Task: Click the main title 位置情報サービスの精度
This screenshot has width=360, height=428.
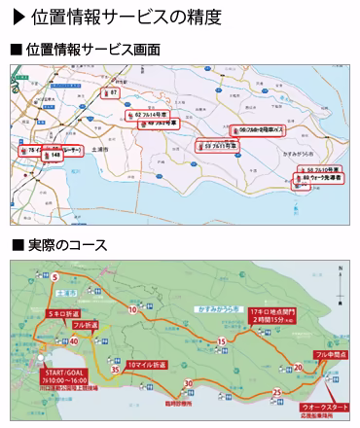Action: pos(126,17)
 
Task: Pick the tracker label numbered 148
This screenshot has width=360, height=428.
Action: pos(52,154)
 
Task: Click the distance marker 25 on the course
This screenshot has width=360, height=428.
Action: pos(278,392)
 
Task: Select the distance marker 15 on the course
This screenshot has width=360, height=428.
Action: pos(223,341)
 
